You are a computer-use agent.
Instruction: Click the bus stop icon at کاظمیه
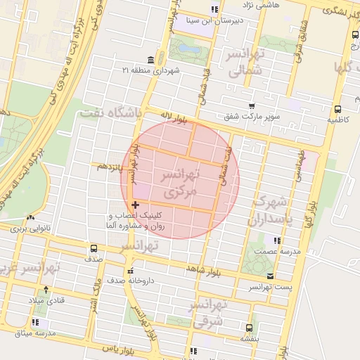(x=338, y=109)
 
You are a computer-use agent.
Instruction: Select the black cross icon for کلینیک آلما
(x=135, y=205)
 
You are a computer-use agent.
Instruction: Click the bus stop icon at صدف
(x=94, y=248)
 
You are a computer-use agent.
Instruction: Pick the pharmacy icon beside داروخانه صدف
(x=129, y=271)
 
